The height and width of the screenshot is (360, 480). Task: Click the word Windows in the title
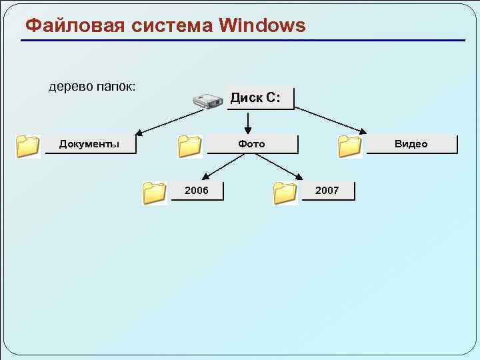tap(262, 26)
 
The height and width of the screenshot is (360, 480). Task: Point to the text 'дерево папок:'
tap(92, 87)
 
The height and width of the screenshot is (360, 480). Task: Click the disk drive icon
tap(207, 101)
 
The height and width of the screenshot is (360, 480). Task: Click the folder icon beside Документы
tap(28, 145)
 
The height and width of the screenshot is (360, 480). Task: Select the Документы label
tap(89, 144)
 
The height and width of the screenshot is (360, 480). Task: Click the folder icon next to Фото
tap(190, 146)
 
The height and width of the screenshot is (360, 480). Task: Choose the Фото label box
tap(251, 144)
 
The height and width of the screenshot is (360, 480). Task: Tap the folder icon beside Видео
tap(349, 146)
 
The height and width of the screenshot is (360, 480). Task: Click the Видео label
tap(411, 144)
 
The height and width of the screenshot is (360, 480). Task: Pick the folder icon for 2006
tap(155, 193)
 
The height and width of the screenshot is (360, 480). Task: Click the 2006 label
tap(196, 191)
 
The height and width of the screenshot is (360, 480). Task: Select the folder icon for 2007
tap(285, 193)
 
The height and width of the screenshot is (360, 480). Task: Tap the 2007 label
tap(327, 191)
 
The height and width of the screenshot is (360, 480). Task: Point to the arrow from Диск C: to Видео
tap(328, 121)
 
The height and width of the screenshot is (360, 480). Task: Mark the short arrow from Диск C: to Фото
tap(248, 122)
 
